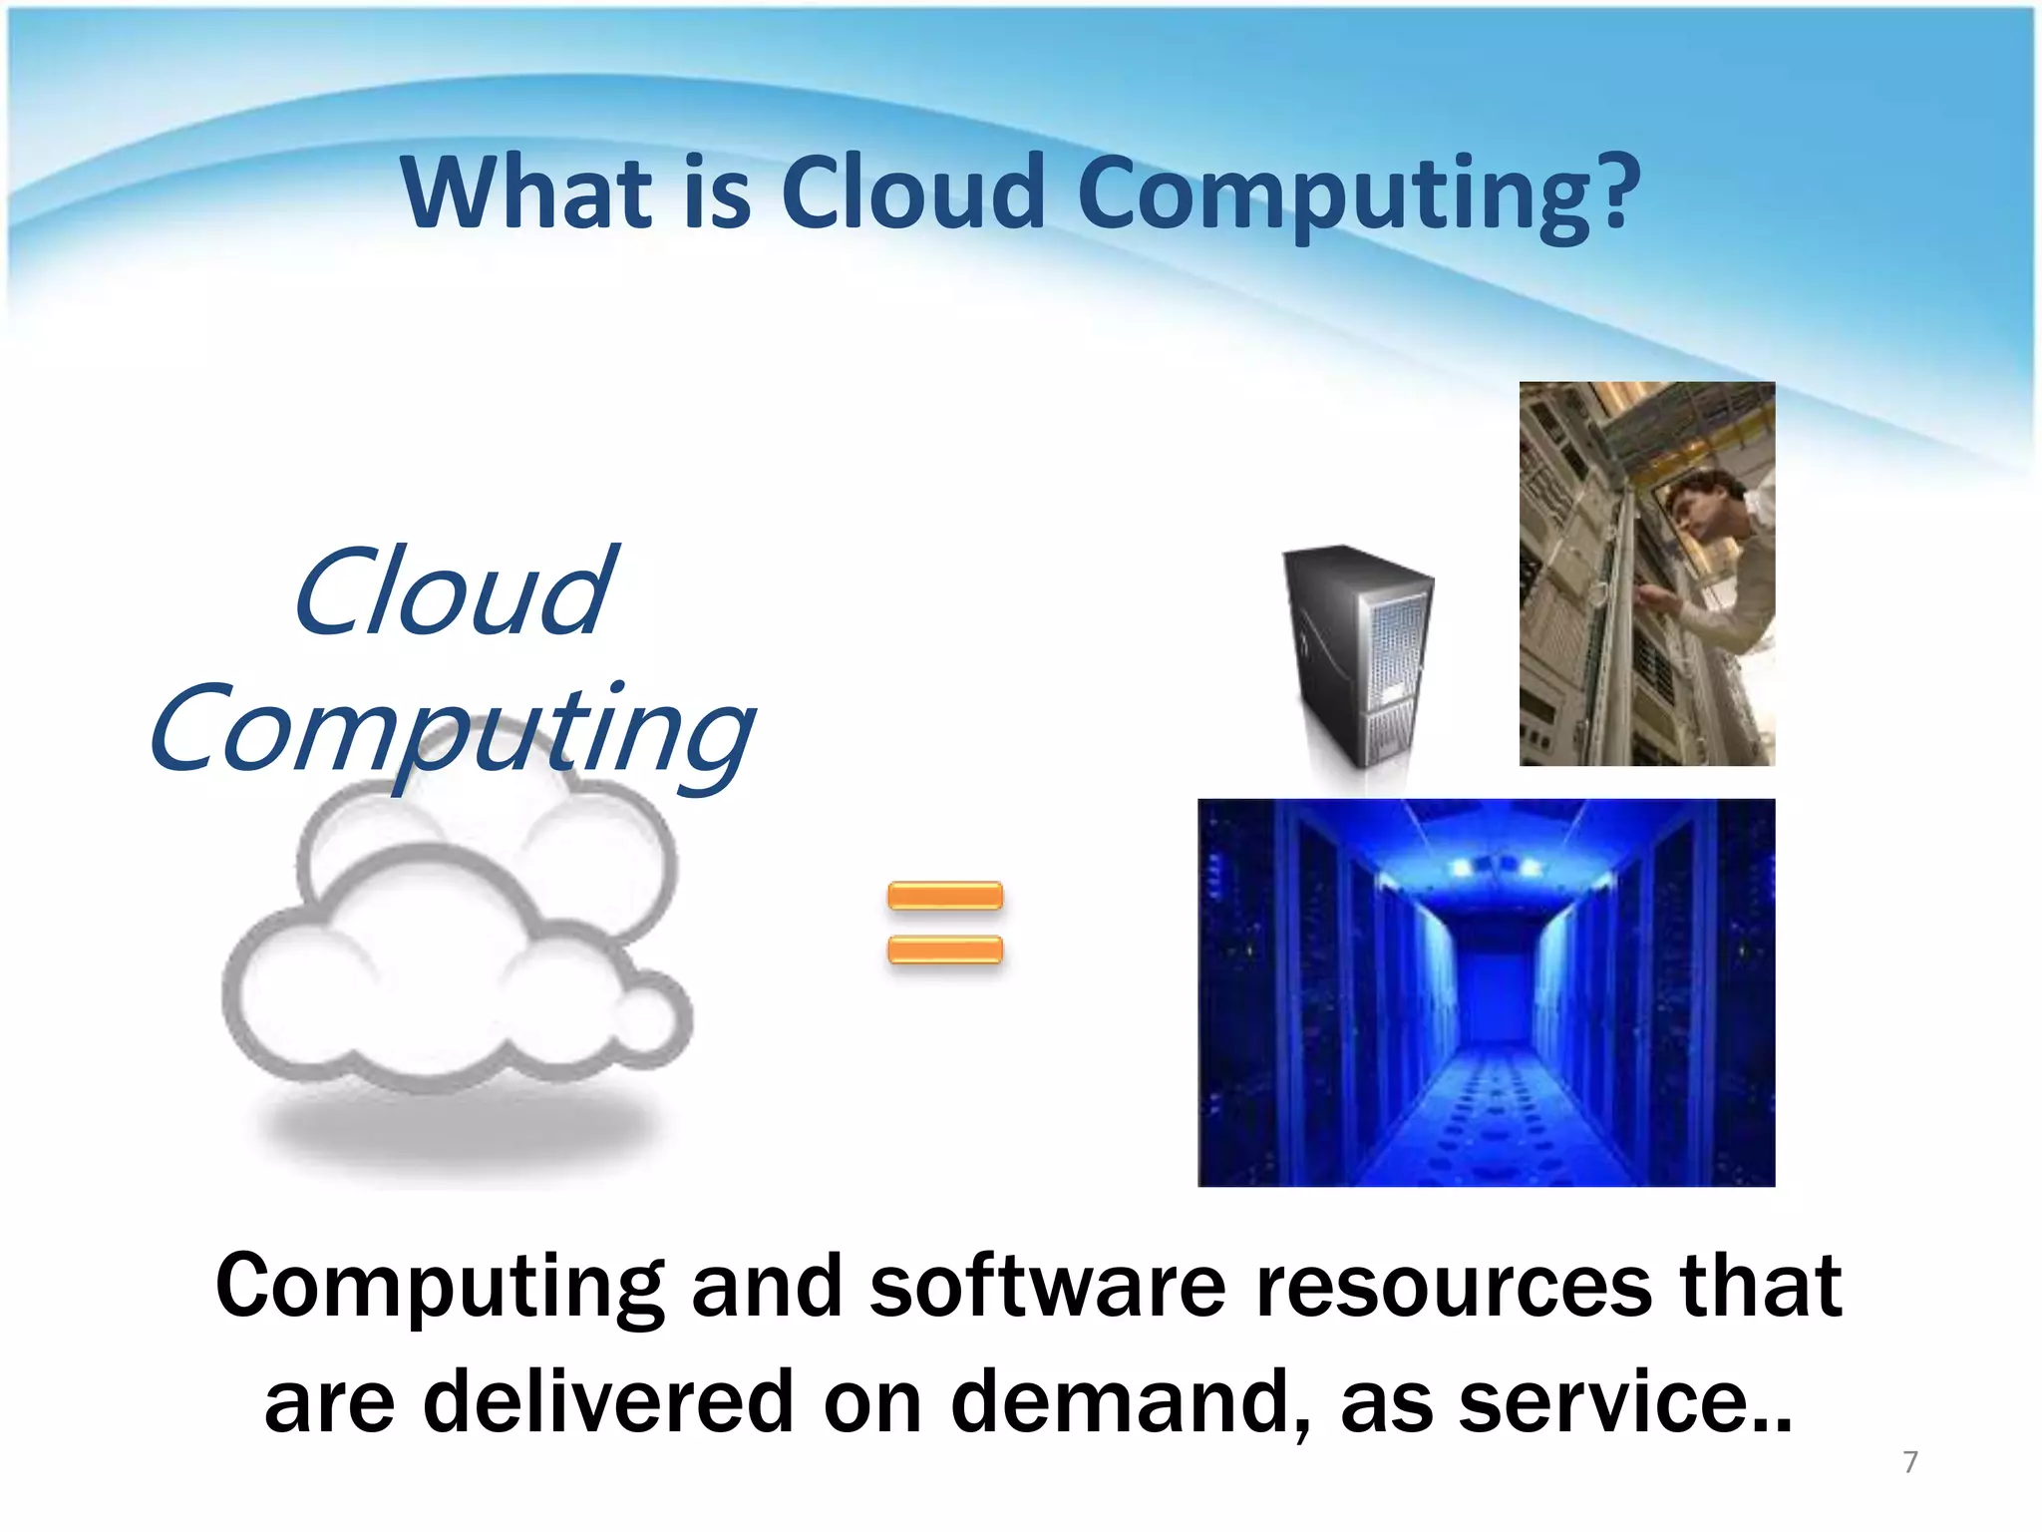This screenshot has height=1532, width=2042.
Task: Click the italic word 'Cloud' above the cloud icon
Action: click(x=454, y=593)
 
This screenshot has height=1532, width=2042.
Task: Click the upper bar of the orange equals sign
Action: click(x=944, y=896)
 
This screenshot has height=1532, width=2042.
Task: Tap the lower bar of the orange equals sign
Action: click(x=944, y=950)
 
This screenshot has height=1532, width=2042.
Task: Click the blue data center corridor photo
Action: click(x=1486, y=992)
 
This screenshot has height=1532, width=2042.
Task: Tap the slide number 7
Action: click(x=1909, y=1462)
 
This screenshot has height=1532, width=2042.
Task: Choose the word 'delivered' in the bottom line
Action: click(x=608, y=1401)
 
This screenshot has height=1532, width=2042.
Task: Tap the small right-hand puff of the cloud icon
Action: click(x=650, y=1019)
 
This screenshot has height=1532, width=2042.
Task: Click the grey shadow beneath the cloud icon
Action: click(x=459, y=1132)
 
